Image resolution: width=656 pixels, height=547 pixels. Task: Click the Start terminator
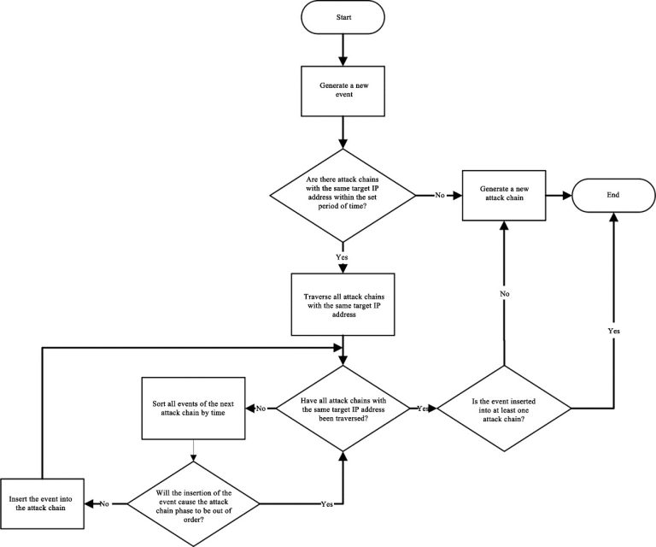[342, 17]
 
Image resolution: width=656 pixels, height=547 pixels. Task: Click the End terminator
[612, 195]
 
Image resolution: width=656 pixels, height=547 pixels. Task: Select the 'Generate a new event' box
[342, 91]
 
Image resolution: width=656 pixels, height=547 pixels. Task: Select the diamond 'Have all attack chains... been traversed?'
[342, 409]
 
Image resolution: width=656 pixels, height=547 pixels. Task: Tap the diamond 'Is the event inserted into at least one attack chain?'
[504, 409]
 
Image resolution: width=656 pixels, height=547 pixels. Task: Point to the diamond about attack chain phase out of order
[193, 503]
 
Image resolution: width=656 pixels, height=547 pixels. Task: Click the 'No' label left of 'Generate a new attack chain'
[440, 195]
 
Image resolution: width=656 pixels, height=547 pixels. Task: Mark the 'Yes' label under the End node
[612, 329]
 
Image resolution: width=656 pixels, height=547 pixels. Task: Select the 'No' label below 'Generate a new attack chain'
[504, 292]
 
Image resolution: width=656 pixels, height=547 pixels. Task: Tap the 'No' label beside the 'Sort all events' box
[261, 409]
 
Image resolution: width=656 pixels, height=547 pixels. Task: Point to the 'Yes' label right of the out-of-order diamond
[325, 503]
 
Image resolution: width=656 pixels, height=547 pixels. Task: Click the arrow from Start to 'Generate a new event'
[342, 50]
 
